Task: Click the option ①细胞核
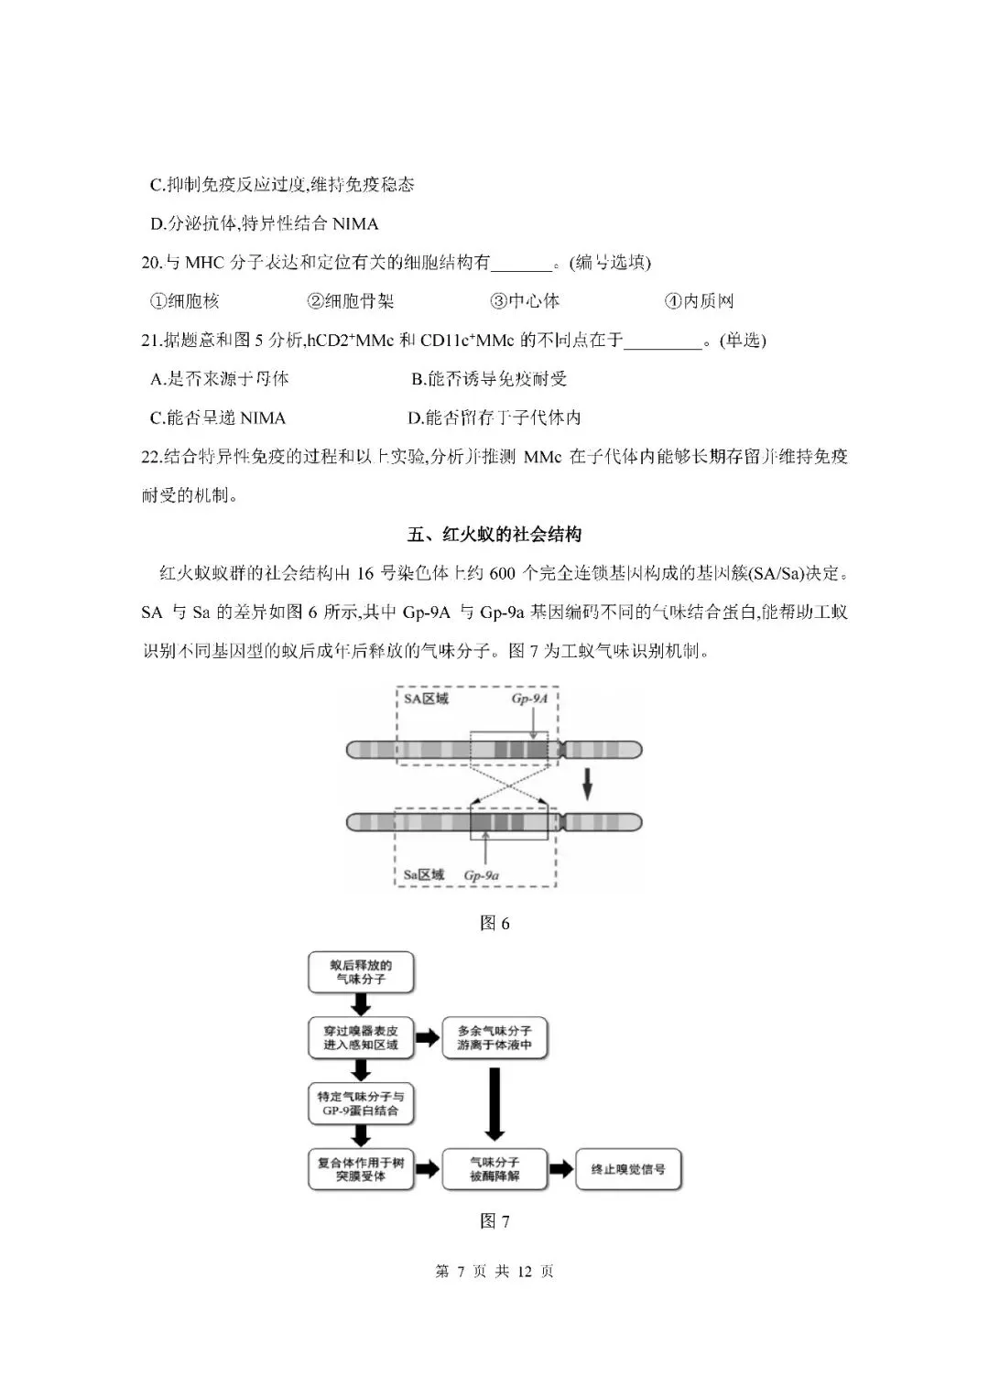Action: tap(185, 301)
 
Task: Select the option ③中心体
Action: tap(525, 301)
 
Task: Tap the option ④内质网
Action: tap(699, 301)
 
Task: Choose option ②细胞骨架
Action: tap(351, 301)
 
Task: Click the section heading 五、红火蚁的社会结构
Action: tap(494, 535)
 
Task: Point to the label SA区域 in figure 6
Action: tap(427, 699)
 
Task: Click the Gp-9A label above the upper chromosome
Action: tap(529, 699)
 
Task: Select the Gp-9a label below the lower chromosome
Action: tap(482, 875)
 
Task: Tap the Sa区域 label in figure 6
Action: tap(424, 875)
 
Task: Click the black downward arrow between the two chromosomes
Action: tap(589, 784)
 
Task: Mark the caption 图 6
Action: tap(494, 923)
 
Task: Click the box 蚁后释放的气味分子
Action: tap(361, 972)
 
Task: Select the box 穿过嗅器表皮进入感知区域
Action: tap(361, 1038)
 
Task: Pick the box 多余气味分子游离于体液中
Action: tap(494, 1038)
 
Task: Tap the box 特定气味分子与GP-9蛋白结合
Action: tap(361, 1104)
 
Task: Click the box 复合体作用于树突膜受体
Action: tap(361, 1170)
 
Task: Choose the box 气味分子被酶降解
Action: tap(494, 1170)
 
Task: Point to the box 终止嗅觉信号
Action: tap(628, 1170)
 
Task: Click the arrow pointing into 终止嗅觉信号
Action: tap(561, 1170)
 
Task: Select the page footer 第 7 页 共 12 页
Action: tap(494, 1272)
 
